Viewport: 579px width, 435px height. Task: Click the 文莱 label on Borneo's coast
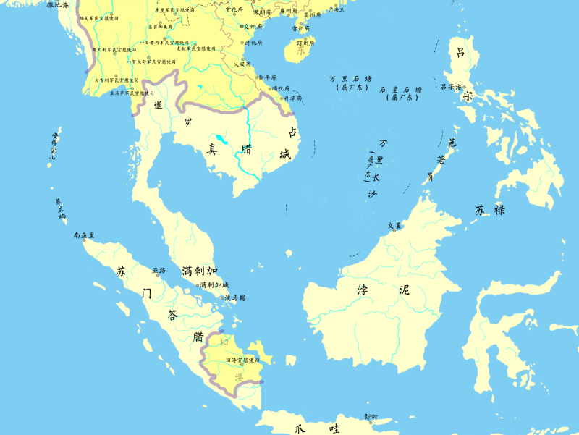(394, 226)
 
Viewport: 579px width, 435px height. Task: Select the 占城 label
(291, 143)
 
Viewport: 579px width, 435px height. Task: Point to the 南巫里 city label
(84, 235)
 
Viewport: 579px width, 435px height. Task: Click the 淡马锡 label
(235, 297)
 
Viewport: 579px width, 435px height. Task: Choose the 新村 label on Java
(371, 417)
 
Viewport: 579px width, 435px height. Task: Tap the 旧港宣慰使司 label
(242, 360)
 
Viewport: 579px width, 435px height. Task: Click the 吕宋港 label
(451, 86)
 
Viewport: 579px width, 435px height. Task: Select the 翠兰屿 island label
(61, 209)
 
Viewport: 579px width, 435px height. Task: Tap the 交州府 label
(255, 25)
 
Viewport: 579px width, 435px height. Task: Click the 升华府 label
(292, 98)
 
